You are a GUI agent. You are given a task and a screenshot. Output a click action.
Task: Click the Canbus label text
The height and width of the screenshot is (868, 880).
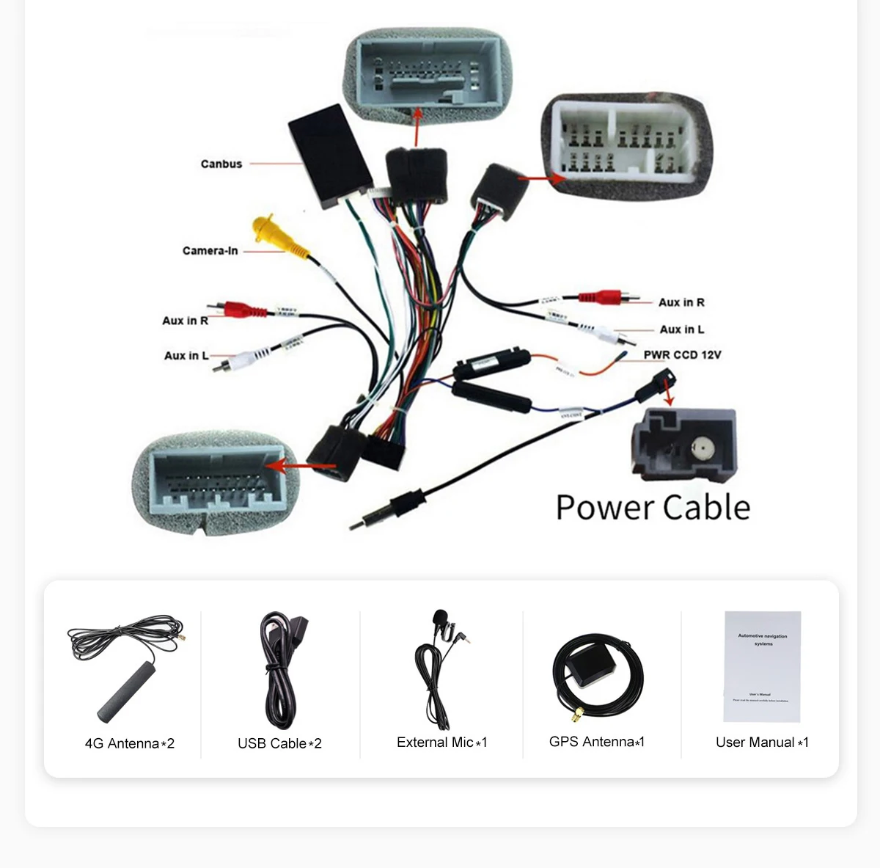coord(221,164)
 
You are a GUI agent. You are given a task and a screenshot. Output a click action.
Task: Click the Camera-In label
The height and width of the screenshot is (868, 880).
coord(210,251)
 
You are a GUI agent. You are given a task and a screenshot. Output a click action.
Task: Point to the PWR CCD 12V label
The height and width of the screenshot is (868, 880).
coord(682,355)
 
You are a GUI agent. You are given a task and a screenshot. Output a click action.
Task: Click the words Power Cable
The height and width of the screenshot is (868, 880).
coord(653,508)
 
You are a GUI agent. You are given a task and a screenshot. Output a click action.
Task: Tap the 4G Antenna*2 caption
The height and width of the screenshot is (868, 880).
coord(130,743)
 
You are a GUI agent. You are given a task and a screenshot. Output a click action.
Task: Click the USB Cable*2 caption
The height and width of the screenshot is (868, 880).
coord(279,743)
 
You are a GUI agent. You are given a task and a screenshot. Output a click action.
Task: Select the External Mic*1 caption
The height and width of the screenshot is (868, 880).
coord(441,743)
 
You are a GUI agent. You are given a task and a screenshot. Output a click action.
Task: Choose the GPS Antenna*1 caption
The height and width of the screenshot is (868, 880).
coord(597,742)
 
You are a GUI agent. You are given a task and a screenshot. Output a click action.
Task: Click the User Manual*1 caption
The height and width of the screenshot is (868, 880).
coord(762,743)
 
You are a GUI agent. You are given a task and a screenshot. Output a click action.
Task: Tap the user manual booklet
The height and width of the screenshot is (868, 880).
coord(762,666)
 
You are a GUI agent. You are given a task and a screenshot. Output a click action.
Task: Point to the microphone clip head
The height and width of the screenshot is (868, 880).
coord(440,617)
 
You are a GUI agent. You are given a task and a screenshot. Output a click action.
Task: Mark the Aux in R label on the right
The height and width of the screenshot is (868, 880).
coord(681,302)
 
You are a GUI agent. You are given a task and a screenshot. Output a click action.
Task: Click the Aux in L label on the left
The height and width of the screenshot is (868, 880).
coord(186,356)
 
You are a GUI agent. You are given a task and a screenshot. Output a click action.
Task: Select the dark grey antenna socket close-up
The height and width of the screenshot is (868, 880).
coord(683,445)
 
